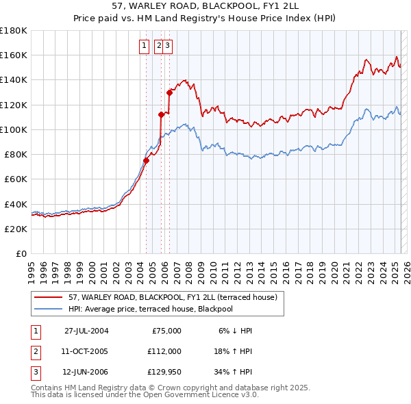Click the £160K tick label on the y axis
click(x=14, y=55)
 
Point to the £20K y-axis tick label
click(x=16, y=229)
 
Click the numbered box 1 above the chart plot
click(x=145, y=46)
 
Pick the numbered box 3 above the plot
click(x=167, y=46)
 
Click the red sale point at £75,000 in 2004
click(x=146, y=161)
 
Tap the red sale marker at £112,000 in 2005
click(x=161, y=114)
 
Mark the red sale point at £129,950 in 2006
click(x=169, y=92)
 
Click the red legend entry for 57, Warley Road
click(x=172, y=297)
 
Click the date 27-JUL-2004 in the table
click(x=86, y=331)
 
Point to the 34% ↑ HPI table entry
click(x=233, y=373)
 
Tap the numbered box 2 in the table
click(x=36, y=352)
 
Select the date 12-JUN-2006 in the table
click(x=86, y=373)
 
